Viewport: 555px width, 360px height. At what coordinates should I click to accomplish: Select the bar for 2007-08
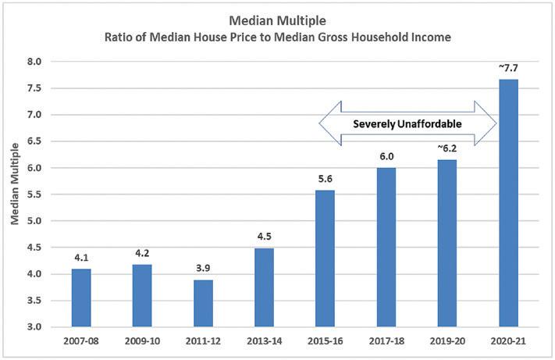[x=81, y=298]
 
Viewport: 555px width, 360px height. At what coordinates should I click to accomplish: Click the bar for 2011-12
[x=203, y=303]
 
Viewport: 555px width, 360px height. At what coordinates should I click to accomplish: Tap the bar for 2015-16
[x=325, y=258]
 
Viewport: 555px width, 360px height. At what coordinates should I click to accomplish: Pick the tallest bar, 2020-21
[x=508, y=203]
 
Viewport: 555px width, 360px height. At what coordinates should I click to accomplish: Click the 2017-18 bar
[x=386, y=247]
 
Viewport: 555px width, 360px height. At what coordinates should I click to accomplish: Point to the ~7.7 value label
[x=508, y=68]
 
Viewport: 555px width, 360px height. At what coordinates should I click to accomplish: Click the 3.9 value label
[x=203, y=269]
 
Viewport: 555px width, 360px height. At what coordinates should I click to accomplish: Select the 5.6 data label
[x=325, y=179]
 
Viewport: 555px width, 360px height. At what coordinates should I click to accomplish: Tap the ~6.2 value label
[x=447, y=148]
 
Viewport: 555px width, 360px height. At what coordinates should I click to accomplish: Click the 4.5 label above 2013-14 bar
[x=264, y=237]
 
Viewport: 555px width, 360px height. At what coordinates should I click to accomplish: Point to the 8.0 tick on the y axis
[x=34, y=62]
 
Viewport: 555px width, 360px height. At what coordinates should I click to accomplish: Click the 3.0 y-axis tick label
[x=34, y=326]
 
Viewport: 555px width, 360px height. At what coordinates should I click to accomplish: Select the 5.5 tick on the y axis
[x=34, y=194]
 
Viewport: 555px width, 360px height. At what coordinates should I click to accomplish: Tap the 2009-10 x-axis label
[x=142, y=341]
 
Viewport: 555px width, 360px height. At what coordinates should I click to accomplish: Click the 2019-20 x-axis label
[x=447, y=341]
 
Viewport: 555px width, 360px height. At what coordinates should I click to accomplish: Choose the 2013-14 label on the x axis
[x=265, y=341]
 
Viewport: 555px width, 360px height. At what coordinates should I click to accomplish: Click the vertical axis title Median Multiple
[x=15, y=184]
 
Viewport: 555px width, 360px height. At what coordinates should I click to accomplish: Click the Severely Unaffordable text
[x=407, y=124]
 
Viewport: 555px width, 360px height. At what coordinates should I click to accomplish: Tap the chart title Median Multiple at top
[x=278, y=20]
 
